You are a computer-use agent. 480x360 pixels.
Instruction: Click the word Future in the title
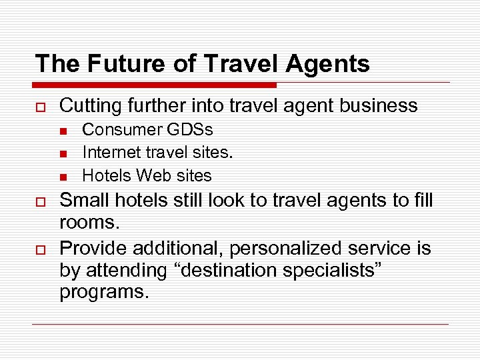click(121, 64)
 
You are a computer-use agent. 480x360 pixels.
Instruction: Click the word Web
click(151, 176)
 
